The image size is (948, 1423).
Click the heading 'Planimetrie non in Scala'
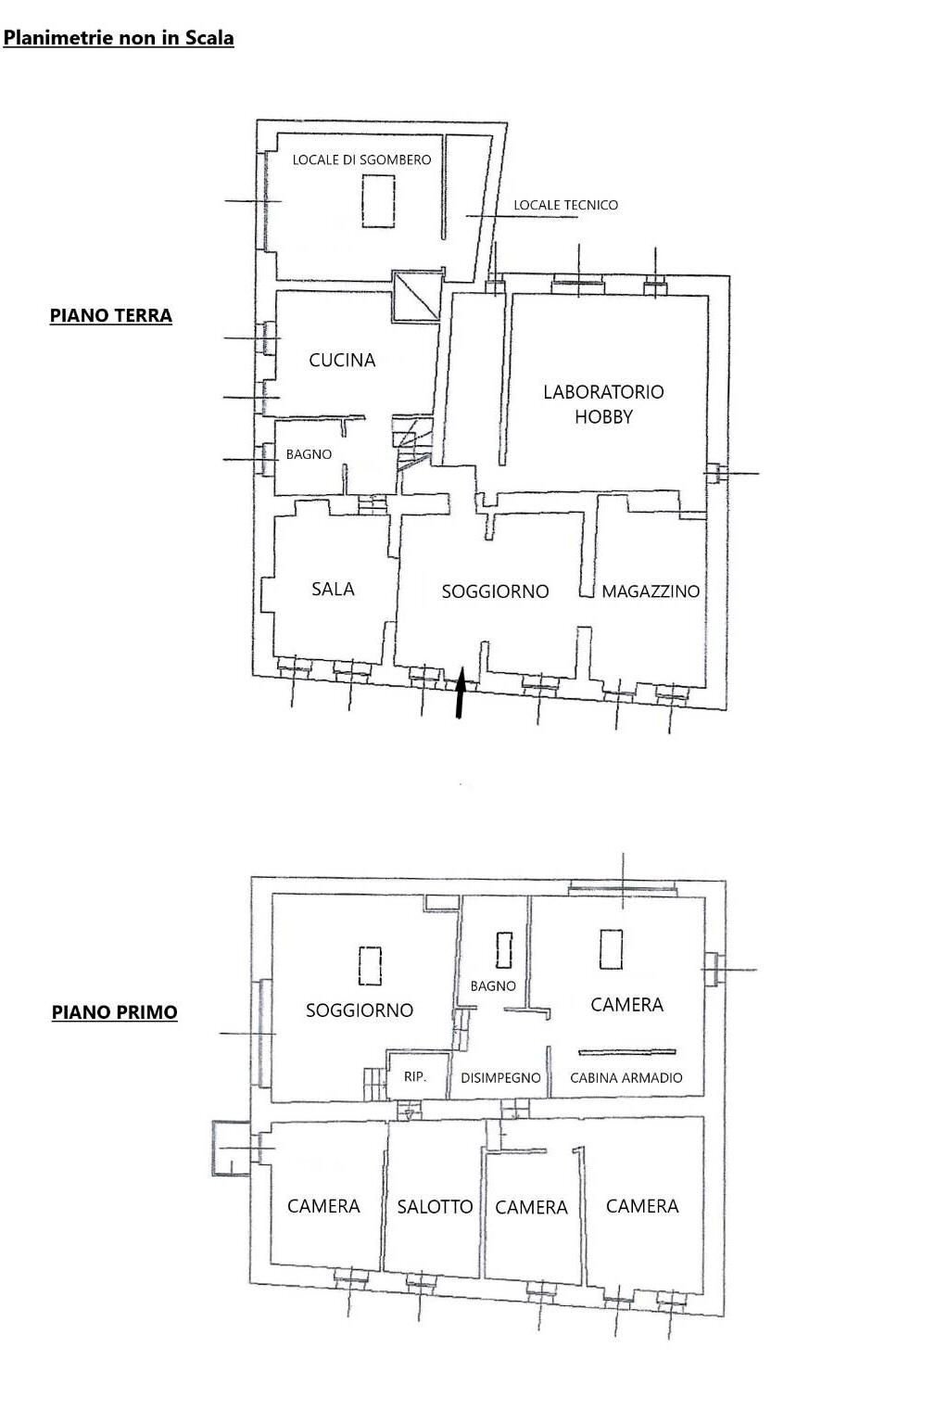[119, 38]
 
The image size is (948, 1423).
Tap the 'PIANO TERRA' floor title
[111, 316]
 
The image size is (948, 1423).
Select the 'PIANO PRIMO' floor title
[114, 1012]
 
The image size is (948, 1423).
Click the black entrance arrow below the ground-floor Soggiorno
[461, 692]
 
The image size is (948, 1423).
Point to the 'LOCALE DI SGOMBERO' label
[361, 159]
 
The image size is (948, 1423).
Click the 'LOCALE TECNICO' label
[565, 205]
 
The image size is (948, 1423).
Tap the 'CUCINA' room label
[342, 361]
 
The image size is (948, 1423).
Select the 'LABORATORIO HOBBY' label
[603, 404]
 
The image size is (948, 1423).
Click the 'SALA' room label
[333, 589]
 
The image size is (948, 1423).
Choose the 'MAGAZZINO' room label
[651, 591]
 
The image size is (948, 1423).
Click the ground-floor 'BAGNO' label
[309, 454]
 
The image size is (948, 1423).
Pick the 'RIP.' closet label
[415, 1077]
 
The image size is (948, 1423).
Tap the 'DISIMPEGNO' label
[500, 1077]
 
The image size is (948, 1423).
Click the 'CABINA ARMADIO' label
[626, 1077]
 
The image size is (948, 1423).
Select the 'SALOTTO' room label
[435, 1206]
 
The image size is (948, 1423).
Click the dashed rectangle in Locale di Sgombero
[378, 201]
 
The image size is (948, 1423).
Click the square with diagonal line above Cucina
[416, 296]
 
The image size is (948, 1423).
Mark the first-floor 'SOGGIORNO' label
[360, 1010]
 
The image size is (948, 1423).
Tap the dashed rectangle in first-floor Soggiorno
[370, 966]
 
